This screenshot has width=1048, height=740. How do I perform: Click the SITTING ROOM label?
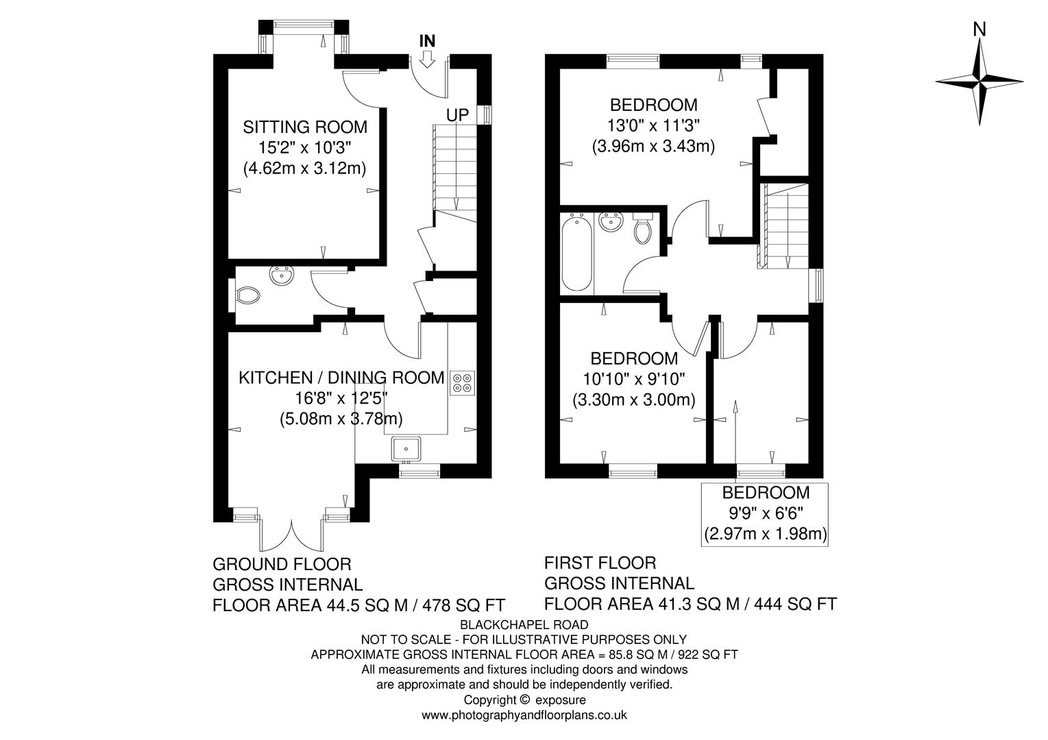(305, 127)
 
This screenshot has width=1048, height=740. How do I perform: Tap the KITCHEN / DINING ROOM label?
(341, 378)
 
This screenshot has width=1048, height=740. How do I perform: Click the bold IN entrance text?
(427, 40)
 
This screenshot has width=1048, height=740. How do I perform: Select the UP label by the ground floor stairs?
(457, 115)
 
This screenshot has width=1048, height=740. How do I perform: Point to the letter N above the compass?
(979, 29)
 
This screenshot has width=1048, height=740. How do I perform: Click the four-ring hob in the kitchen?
(462, 382)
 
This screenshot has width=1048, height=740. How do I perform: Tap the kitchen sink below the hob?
(407, 449)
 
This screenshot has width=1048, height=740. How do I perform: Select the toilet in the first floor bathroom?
(643, 229)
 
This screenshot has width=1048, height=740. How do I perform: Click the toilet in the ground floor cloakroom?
(247, 296)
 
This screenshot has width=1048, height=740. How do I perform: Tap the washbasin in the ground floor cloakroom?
(282, 275)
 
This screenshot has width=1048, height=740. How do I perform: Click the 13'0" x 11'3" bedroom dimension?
(653, 125)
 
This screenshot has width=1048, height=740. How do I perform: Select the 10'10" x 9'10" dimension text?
(634, 379)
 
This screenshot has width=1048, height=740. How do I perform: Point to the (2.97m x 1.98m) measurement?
(765, 533)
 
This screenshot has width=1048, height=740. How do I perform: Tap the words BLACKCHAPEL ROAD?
(524, 624)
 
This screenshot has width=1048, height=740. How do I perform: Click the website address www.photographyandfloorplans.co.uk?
(524, 715)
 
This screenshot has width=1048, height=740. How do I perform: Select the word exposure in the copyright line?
(561, 700)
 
